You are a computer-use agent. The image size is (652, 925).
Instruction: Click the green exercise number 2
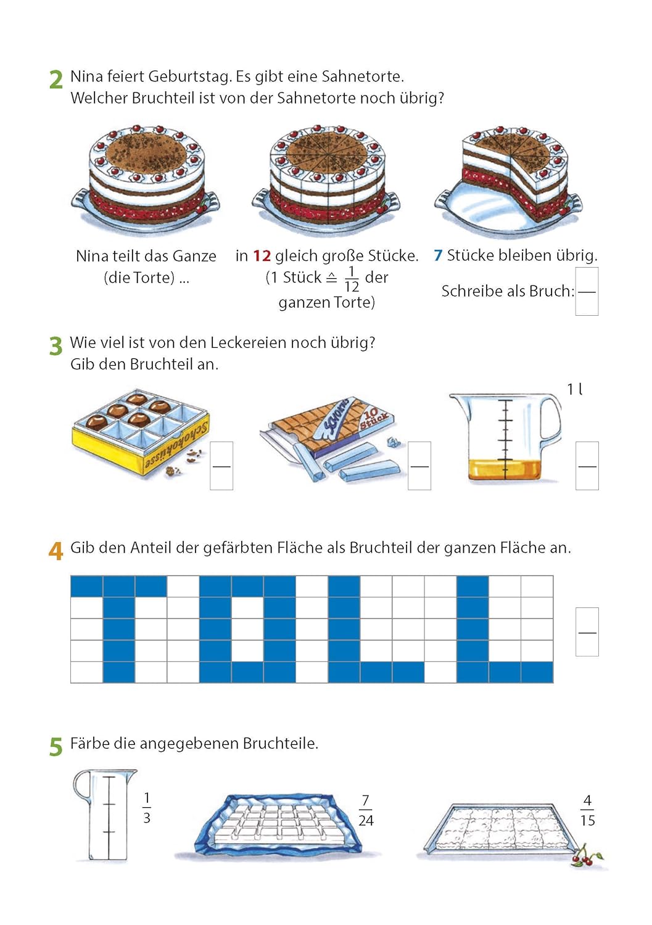56,80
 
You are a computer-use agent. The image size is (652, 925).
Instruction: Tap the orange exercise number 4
56,551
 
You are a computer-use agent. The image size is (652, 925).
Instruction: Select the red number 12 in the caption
262,256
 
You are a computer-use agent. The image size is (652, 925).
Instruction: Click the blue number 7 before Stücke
438,256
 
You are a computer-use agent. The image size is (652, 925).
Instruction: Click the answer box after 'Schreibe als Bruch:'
587,292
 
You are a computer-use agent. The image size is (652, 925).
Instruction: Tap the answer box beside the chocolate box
221,466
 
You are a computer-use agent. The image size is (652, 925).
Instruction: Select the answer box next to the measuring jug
587,466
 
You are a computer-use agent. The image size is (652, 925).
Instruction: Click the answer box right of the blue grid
587,632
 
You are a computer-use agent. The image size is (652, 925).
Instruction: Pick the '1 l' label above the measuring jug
575,389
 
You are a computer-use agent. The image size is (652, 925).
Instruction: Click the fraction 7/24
366,811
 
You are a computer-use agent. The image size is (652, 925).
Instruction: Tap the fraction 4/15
587,811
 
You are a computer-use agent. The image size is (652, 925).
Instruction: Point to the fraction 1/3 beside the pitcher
147,808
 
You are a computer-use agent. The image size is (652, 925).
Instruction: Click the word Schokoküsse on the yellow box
176,448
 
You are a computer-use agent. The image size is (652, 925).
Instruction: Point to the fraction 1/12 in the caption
352,279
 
